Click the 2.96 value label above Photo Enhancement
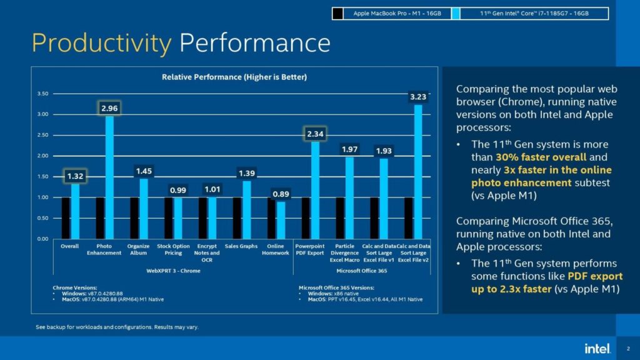tap(109, 108)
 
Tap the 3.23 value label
tap(417, 97)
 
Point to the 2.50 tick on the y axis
tap(43, 135)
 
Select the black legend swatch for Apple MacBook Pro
tap(338, 12)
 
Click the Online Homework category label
tap(275, 249)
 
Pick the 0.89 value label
tap(281, 194)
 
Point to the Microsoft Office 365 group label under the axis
tap(361, 271)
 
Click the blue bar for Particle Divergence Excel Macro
tap(349, 197)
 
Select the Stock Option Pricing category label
tap(173, 249)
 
